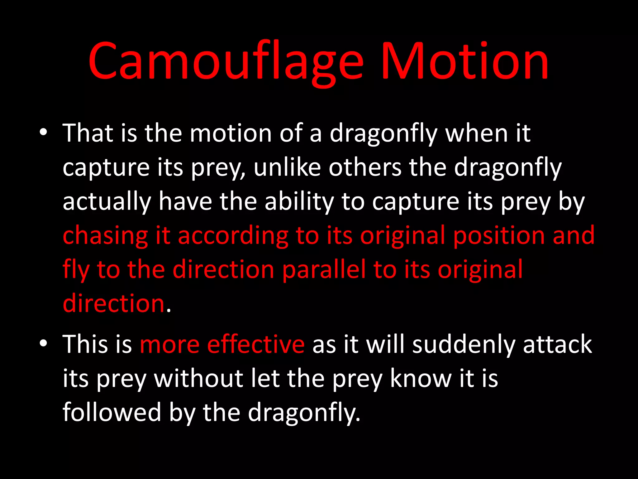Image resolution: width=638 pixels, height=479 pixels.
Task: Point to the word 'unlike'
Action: (287, 167)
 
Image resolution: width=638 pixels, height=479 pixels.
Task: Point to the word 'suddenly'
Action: (464, 345)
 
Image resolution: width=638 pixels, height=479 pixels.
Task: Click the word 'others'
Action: (365, 167)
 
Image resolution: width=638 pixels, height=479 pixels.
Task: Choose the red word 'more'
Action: (170, 345)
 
